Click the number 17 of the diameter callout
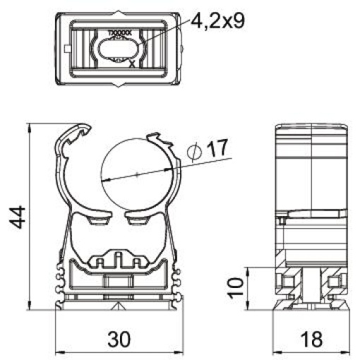[217, 149]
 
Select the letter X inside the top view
[132, 64]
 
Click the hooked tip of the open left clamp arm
[85, 130]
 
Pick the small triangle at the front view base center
[116, 305]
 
